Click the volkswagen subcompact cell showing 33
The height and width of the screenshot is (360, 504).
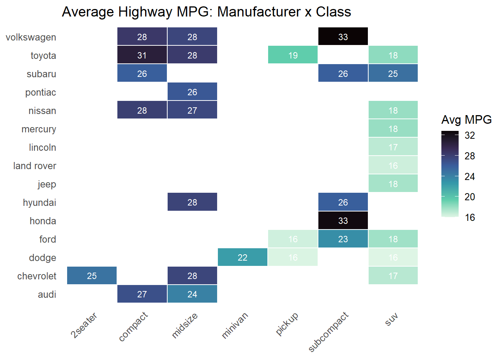click(343, 37)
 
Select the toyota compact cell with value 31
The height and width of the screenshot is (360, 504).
click(142, 55)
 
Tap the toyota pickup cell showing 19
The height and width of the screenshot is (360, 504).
click(293, 55)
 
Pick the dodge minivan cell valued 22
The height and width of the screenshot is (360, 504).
click(243, 257)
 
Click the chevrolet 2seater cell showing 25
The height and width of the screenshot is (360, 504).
click(92, 276)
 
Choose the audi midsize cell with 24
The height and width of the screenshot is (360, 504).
click(192, 294)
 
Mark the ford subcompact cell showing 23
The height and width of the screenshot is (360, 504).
click(343, 239)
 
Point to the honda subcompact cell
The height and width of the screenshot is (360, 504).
click(343, 220)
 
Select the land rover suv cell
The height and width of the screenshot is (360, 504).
click(393, 165)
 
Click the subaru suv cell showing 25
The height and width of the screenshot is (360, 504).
click(393, 73)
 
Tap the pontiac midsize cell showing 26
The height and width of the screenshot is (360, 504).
click(192, 92)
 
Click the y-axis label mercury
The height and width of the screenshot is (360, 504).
click(39, 129)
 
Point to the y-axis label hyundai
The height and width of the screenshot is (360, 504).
click(39, 202)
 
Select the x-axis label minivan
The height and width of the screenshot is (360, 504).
click(235, 325)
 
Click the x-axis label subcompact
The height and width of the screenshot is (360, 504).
click(328, 332)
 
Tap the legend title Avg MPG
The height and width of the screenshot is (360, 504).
click(466, 120)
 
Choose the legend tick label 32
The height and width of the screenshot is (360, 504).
click(470, 135)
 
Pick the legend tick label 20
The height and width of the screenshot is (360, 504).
click(470, 197)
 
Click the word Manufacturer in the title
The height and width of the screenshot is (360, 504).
click(259, 12)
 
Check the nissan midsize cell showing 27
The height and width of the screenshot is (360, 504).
click(192, 110)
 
